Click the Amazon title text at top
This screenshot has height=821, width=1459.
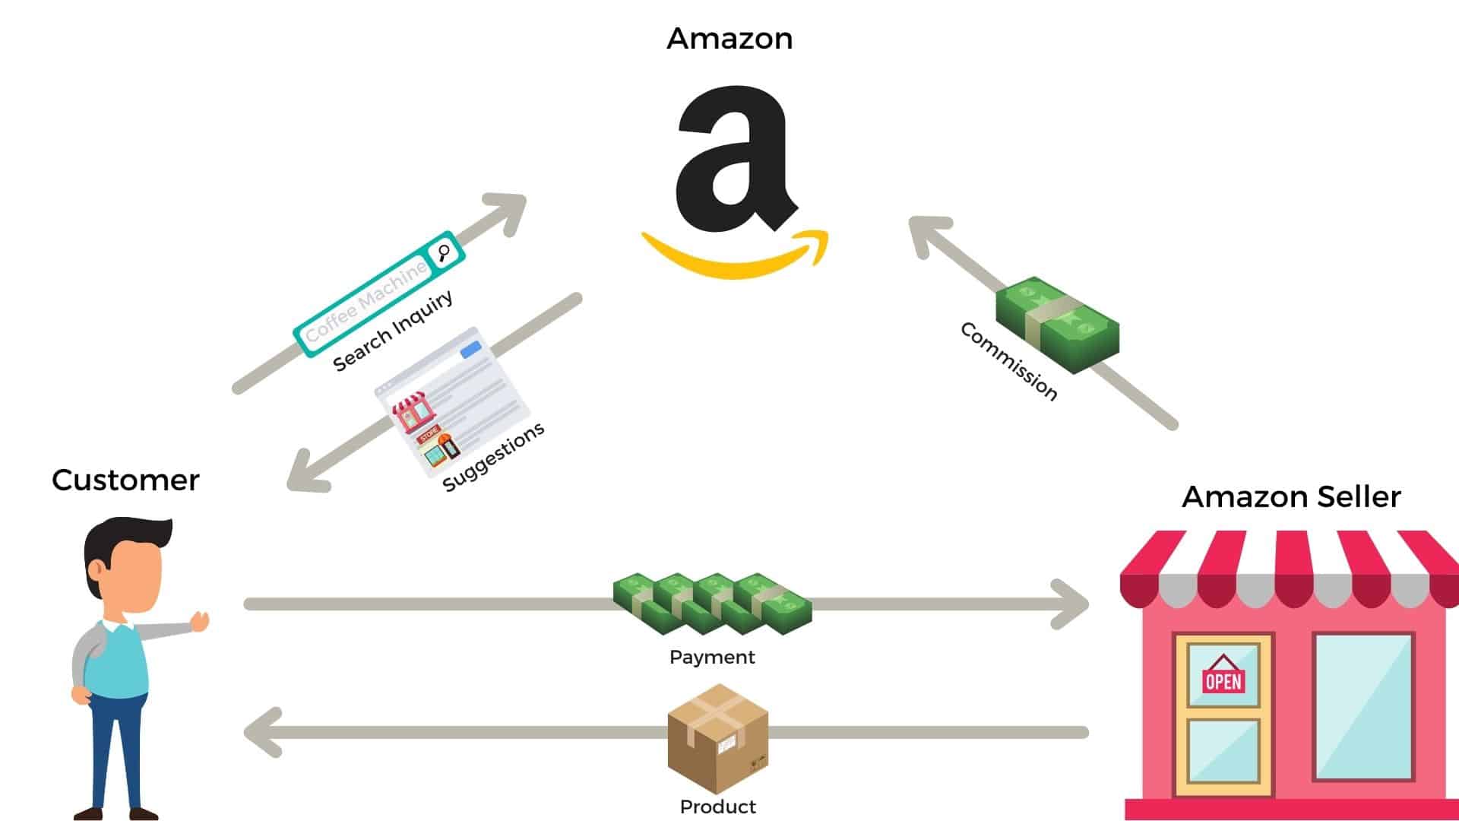(729, 38)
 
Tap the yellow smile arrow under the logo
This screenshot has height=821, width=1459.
(734, 258)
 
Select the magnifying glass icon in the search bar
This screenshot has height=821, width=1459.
(444, 252)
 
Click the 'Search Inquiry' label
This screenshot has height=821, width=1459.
(393, 331)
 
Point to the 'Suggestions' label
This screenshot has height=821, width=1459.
(493, 456)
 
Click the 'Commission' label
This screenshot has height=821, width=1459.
(1008, 361)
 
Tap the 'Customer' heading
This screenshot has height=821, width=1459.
(125, 480)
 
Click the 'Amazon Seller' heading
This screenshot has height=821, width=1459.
(1291, 496)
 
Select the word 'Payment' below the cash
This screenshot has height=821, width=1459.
(712, 657)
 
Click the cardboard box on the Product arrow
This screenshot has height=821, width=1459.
(717, 737)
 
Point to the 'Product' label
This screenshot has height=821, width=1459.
(717, 807)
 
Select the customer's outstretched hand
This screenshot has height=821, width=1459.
(200, 621)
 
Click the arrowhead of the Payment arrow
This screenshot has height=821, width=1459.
(1072, 604)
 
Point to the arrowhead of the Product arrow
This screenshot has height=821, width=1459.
(261, 733)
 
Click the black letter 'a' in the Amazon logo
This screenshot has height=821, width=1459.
(733, 160)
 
